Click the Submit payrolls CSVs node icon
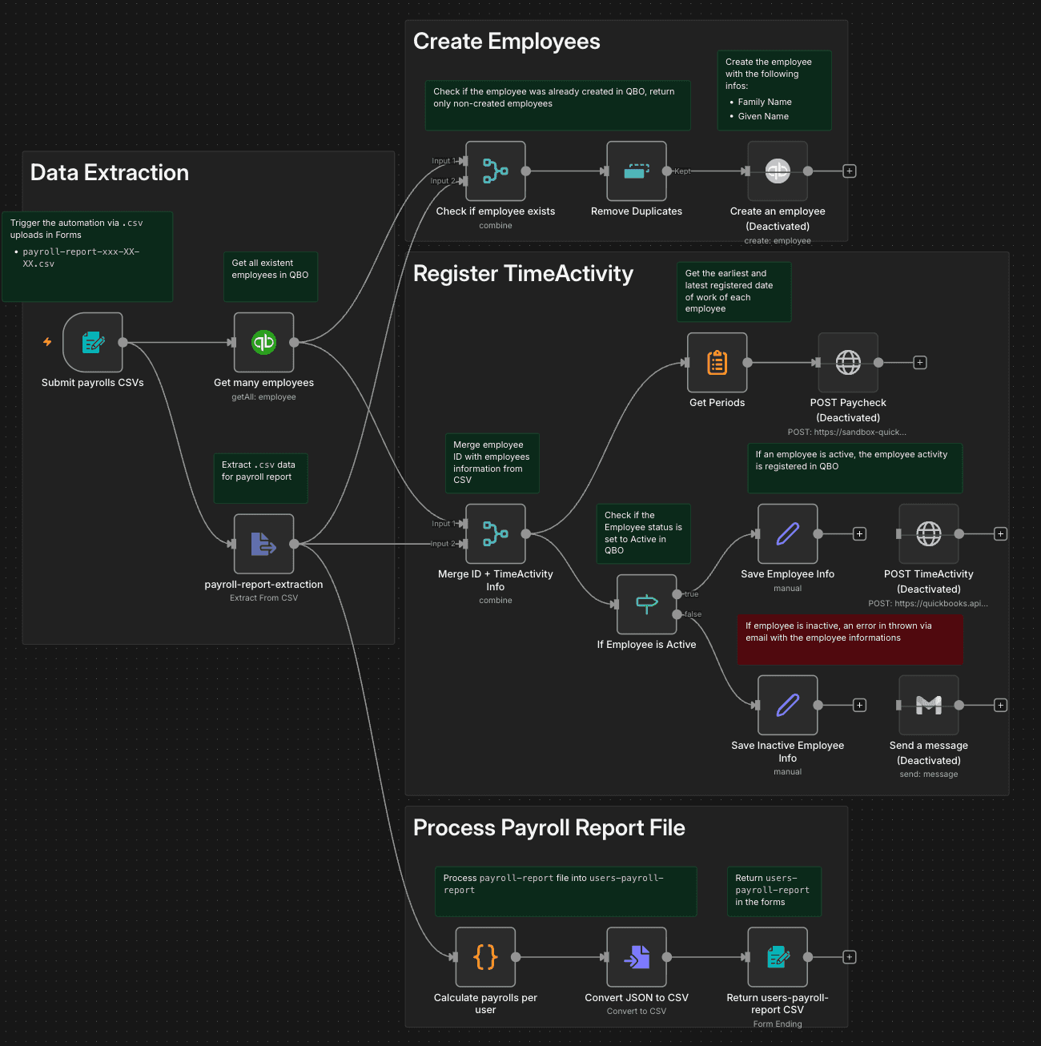(x=93, y=343)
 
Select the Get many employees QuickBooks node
(x=263, y=343)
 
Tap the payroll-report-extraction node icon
(x=263, y=544)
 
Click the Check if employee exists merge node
(x=496, y=171)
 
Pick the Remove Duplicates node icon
(x=637, y=171)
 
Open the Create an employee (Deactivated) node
(x=778, y=171)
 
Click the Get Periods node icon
(x=717, y=363)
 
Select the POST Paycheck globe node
(x=848, y=363)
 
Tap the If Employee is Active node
(x=647, y=605)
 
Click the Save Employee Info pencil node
(x=788, y=534)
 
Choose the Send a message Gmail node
(x=929, y=706)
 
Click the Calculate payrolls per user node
(x=485, y=957)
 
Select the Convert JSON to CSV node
(x=637, y=957)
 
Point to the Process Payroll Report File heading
(x=549, y=828)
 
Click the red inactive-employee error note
(x=850, y=638)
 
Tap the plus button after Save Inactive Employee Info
(x=860, y=706)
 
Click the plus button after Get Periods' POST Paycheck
(x=920, y=363)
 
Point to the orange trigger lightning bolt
(x=47, y=342)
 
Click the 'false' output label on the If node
(x=693, y=614)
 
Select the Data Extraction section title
(x=110, y=173)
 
